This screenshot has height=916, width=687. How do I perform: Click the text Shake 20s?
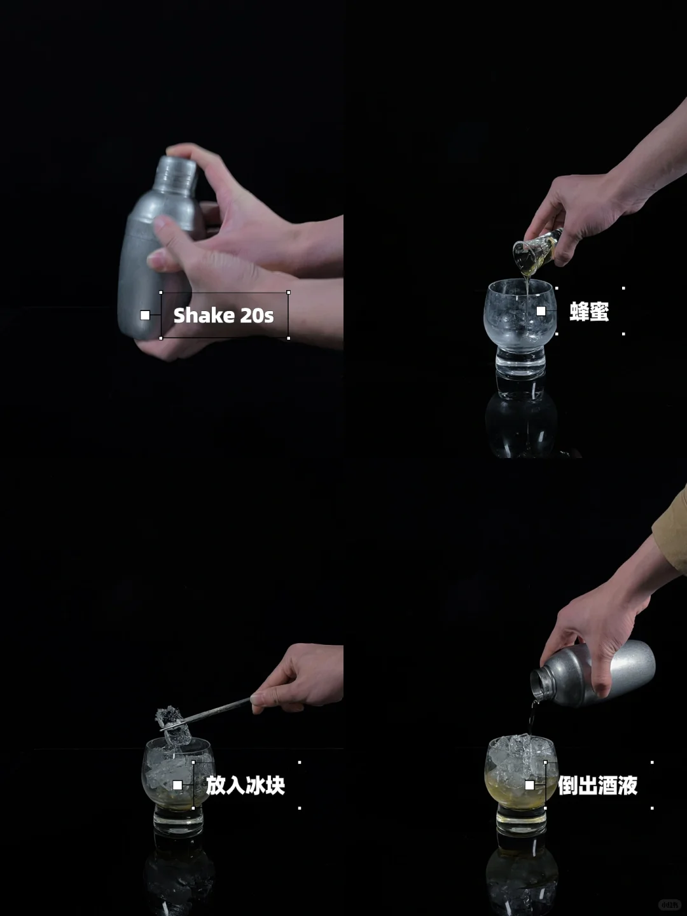point(223,316)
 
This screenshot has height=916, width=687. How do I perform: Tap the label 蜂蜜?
point(589,312)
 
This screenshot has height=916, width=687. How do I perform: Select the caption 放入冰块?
point(246,785)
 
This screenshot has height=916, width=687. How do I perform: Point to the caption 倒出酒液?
point(597,786)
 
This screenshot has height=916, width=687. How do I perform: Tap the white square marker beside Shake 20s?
point(145,315)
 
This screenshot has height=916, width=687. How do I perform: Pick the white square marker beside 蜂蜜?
point(541,311)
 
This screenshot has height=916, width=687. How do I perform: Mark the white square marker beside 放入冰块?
point(177,785)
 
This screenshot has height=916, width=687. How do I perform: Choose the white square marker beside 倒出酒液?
point(529,785)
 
